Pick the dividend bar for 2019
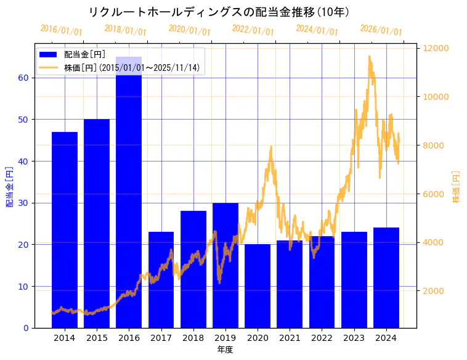(225, 265)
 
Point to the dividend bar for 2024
(386, 277)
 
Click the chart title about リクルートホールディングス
(219, 12)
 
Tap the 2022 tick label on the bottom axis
(322, 338)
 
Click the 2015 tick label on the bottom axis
(97, 338)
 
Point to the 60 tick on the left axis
(22, 78)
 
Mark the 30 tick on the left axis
(22, 203)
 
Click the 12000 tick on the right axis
(435, 48)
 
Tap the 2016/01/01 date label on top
(61, 30)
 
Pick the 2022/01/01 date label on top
(253, 30)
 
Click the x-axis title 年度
(225, 350)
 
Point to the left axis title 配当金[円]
(9, 186)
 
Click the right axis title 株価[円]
(457, 187)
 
